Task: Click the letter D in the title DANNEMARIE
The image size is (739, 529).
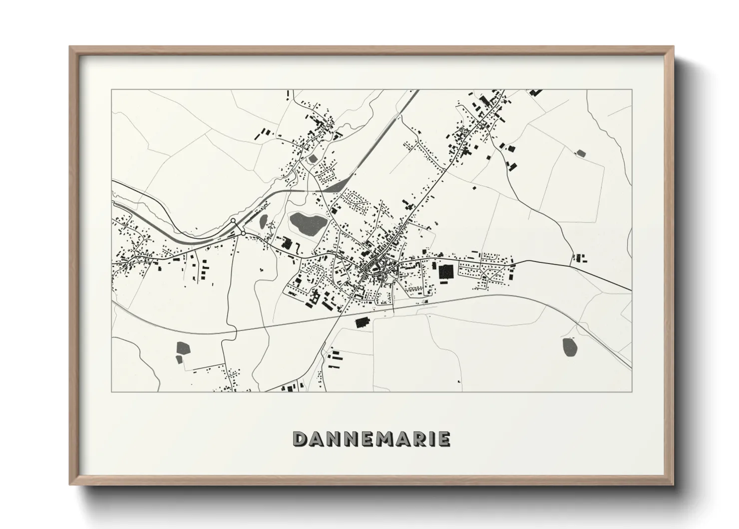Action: pyautogui.click(x=301, y=439)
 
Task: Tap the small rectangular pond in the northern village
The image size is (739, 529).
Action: pyautogui.click(x=313, y=158)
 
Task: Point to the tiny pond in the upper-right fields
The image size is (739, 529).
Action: pyautogui.click(x=580, y=153)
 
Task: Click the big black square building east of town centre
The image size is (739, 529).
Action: pyautogui.click(x=446, y=272)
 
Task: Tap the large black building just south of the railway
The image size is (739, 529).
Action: pyautogui.click(x=361, y=322)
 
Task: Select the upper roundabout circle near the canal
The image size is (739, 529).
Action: pyautogui.click(x=233, y=220)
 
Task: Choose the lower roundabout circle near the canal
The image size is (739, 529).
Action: pyautogui.click(x=243, y=233)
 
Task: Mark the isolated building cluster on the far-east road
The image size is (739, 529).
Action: pyautogui.click(x=579, y=258)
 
